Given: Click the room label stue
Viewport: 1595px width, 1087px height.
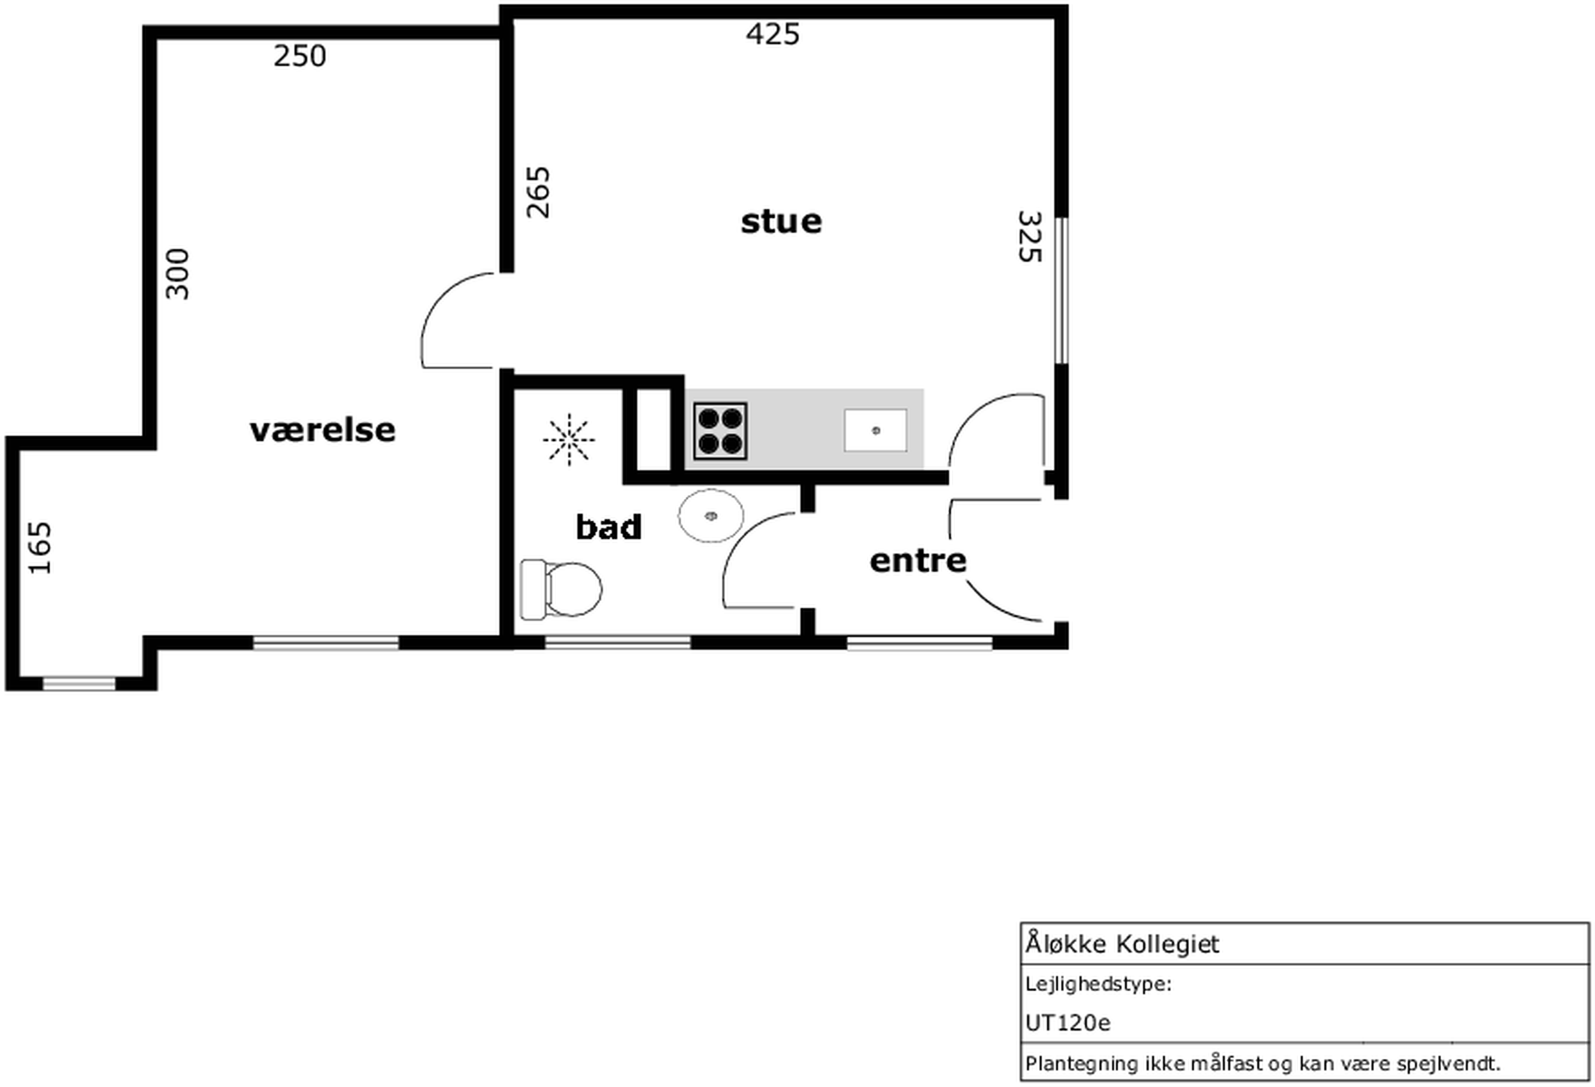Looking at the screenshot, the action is (781, 221).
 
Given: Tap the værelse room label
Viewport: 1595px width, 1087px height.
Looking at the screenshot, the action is (323, 431).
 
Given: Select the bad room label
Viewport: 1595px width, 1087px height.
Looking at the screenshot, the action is (609, 526).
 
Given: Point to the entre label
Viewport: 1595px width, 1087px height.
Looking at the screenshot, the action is (918, 561).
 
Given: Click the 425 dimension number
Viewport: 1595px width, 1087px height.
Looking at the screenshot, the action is (773, 34).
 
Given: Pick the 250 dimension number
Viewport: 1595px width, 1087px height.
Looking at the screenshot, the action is (300, 56).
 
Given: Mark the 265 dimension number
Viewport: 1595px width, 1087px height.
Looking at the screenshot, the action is (538, 192).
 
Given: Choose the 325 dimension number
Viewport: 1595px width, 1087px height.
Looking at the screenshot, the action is (1029, 237).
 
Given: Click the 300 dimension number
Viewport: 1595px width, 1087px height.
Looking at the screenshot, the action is (177, 274).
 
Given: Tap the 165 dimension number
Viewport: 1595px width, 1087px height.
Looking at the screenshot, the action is (40, 548).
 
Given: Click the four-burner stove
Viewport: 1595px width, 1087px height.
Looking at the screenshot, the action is (720, 431).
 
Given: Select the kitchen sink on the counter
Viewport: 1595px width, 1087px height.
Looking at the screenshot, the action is (875, 430).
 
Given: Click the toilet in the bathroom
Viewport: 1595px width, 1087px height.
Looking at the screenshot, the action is (562, 589).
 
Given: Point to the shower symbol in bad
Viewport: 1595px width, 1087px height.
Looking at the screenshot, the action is (569, 440).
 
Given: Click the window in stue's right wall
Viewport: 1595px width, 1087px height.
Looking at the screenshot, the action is (1061, 290).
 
